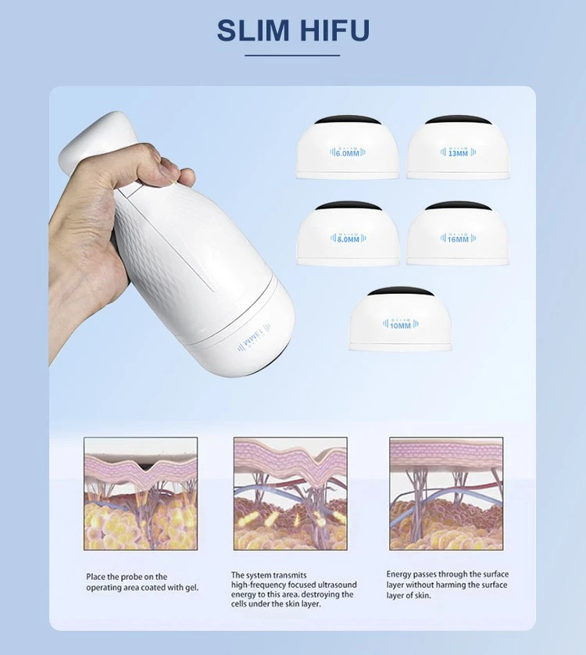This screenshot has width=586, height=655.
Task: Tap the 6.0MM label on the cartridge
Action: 348,153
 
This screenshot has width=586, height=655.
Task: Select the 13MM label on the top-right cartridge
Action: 458,153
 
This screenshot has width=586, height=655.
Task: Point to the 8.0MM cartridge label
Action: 348,239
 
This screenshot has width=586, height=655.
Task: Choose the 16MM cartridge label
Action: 458,239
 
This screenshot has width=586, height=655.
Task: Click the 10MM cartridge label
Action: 400,325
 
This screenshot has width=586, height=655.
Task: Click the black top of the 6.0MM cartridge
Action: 348,120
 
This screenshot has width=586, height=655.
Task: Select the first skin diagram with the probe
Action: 141,494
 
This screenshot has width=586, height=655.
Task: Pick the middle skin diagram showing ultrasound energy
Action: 291,494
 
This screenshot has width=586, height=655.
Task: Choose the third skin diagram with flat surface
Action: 446,494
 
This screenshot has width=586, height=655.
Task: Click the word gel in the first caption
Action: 191,588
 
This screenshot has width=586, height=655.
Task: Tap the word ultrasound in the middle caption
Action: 337,585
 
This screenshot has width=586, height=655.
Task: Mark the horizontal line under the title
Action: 292,55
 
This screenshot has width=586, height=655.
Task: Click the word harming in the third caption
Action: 452,585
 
